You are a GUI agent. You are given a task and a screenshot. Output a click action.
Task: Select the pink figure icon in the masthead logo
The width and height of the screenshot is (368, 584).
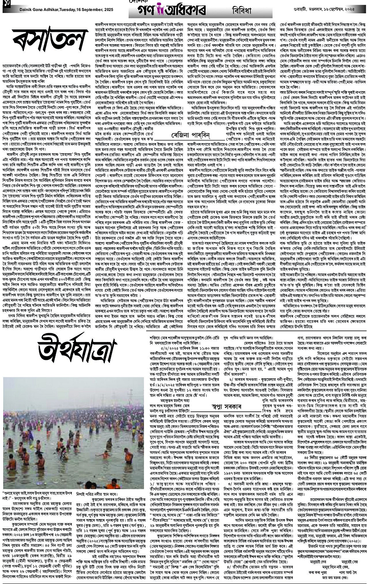[200, 6]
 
